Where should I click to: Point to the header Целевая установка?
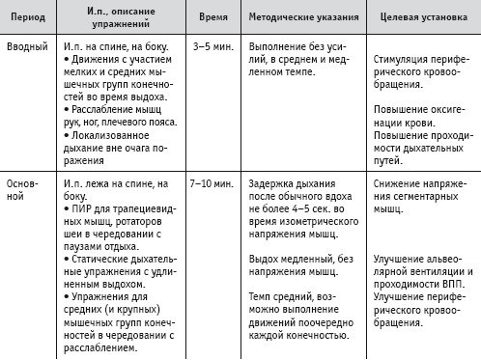tap(422, 18)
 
